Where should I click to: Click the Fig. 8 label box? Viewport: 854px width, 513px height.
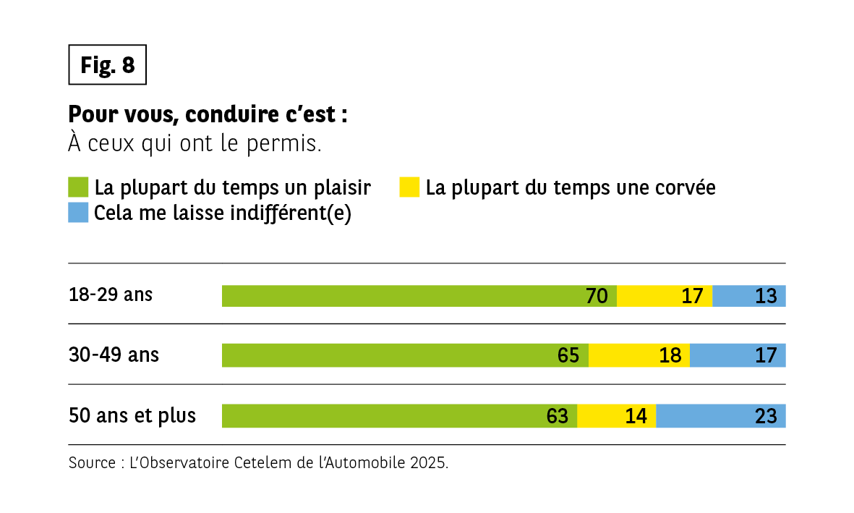point(107,65)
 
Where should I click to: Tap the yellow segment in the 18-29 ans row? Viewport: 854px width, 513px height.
point(664,296)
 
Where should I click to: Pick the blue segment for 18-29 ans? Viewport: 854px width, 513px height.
point(748,296)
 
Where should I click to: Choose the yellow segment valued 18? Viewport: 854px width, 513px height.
point(639,355)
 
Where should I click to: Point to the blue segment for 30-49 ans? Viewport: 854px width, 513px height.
point(737,355)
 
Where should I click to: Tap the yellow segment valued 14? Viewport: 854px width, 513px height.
point(616,416)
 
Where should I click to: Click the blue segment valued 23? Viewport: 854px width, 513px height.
point(720,416)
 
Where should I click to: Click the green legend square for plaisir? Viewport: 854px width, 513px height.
point(78,187)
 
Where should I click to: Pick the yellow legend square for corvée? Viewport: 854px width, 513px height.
point(409,187)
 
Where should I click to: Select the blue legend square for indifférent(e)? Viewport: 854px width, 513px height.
point(78,213)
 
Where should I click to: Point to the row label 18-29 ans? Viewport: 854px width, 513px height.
point(111,295)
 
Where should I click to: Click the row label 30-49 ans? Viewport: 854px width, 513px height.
point(114,355)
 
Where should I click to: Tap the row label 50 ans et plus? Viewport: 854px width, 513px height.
point(132,416)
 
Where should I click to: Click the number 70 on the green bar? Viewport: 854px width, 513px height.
point(597,296)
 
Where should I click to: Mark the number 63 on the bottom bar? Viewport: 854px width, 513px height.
point(558,416)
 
